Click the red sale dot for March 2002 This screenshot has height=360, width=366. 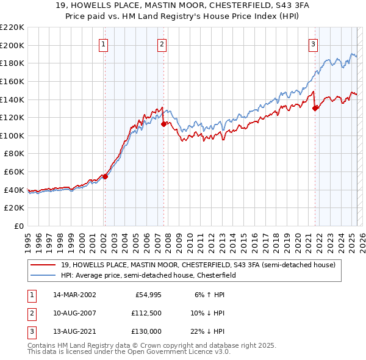point(105,176)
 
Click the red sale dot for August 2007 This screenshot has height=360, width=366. point(163,124)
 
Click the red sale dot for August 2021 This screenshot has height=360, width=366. point(315,108)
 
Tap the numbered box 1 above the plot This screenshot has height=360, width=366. point(104,43)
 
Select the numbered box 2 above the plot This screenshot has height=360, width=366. point(162,43)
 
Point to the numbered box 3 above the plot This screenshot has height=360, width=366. point(313,43)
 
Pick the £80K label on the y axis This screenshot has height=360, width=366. point(14,154)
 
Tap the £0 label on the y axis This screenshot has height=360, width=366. point(18,226)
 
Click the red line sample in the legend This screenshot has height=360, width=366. point(45,265)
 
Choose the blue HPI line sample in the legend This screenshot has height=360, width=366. point(45,275)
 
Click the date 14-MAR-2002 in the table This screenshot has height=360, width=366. point(74,294)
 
